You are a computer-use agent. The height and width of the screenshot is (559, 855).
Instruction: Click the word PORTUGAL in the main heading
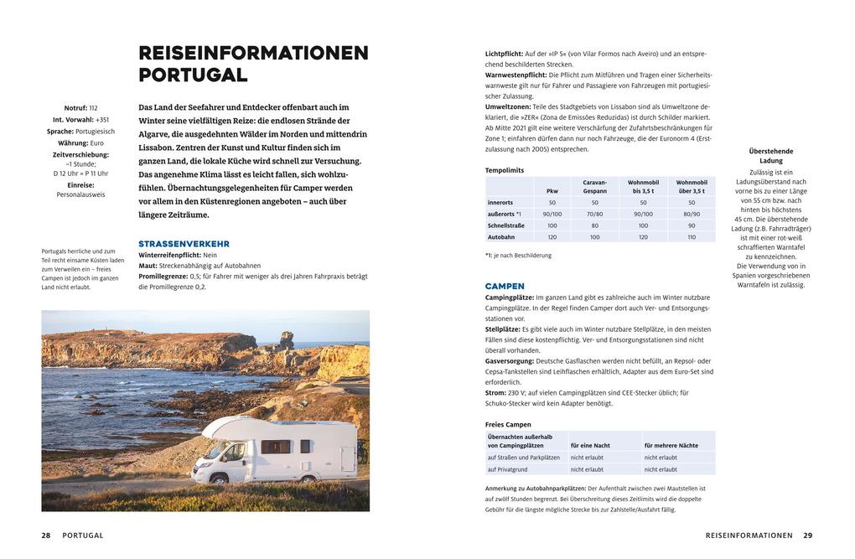pos(193,75)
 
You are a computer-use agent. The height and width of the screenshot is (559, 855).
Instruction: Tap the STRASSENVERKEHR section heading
pos(184,244)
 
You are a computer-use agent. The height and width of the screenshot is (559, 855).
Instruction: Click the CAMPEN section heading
pos(505,286)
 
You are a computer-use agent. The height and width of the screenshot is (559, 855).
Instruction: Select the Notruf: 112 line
pos(80,108)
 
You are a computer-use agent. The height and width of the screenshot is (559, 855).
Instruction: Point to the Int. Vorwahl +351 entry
pos(80,120)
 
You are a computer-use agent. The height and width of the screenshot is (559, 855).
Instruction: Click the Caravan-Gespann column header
pos(594,186)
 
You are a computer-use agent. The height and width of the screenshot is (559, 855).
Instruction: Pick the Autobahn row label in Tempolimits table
pos(501,237)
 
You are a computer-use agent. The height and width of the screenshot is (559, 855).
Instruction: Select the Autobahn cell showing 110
pos(692,237)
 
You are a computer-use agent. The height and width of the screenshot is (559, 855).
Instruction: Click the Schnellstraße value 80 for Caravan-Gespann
pos(594,225)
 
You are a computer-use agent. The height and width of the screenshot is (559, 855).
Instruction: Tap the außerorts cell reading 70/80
pos(594,214)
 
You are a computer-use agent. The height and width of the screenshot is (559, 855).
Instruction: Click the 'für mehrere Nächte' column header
pos(671,445)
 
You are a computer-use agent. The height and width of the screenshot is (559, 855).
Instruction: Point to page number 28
pos(46,536)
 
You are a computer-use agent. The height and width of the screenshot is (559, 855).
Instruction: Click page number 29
pos(807,536)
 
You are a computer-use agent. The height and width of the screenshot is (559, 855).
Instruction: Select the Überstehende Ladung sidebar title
pos(770,156)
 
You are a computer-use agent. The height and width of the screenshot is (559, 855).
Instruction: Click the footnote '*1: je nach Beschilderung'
pos(518,256)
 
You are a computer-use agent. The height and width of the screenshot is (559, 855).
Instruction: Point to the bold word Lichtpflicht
pos(504,54)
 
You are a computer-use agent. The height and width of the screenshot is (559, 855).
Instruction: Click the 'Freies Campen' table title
pos(508,424)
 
